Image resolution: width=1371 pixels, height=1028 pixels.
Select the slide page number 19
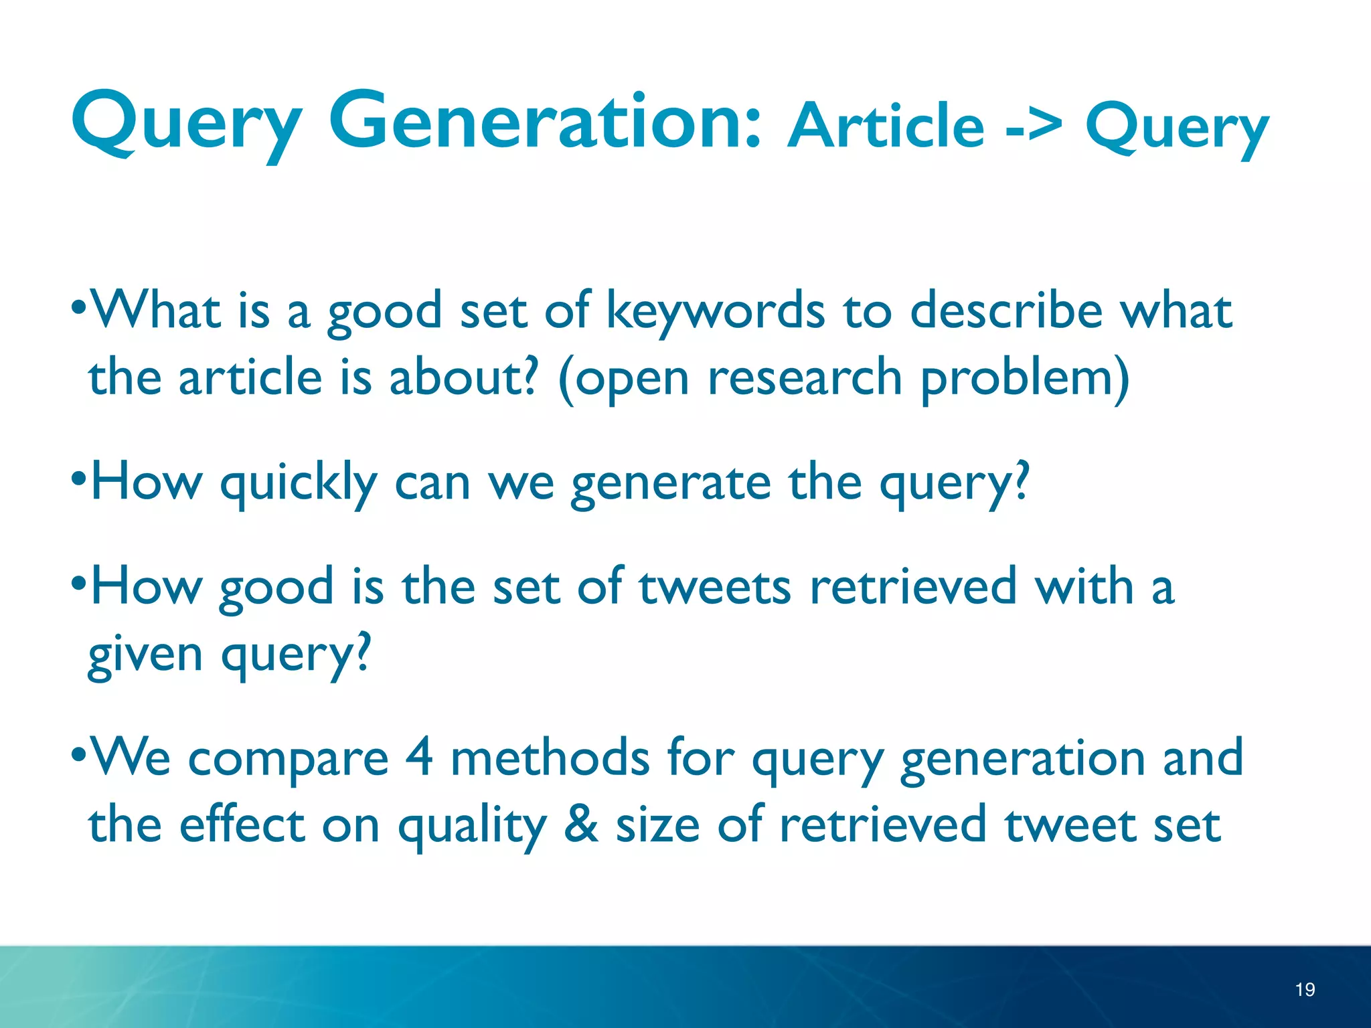(x=1304, y=989)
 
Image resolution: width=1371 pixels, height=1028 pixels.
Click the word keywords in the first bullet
(x=715, y=311)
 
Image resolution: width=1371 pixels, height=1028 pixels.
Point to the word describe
(x=1005, y=311)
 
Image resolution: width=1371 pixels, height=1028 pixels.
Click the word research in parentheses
(x=805, y=378)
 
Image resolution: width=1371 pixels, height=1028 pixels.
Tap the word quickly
(x=299, y=483)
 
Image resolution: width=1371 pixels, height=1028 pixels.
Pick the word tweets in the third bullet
(x=715, y=587)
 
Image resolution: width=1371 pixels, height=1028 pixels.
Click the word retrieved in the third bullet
(x=913, y=587)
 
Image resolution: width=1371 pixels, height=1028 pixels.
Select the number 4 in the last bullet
(x=419, y=758)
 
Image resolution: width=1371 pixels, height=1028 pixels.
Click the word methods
(x=550, y=758)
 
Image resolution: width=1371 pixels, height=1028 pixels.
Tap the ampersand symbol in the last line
(x=580, y=825)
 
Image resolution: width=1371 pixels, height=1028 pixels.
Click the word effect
(x=242, y=825)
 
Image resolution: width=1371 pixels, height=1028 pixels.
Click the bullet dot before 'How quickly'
(x=79, y=480)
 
